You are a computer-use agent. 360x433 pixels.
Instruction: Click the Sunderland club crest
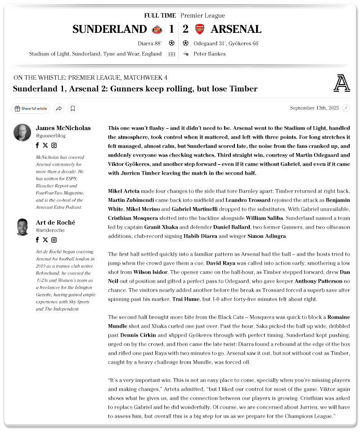[157, 29]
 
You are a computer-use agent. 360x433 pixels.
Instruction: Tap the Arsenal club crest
[199, 29]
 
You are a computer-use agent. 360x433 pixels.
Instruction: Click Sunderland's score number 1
[171, 29]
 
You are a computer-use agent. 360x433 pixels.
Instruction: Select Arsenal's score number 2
[186, 29]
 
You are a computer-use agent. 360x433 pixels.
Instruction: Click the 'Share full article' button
[31, 108]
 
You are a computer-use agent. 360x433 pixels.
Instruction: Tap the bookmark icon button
[73, 108]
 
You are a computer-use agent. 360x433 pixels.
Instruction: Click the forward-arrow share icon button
[58, 108]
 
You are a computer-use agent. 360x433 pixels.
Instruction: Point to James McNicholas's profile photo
[22, 132]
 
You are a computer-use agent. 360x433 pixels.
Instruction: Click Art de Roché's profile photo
[22, 227]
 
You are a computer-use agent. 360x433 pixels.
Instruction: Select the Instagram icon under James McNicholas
[54, 145]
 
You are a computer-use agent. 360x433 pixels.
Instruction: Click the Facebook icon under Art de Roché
[37, 240]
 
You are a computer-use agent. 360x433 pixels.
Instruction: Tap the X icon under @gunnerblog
[45, 145]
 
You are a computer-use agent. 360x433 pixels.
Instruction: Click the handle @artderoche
[50, 230]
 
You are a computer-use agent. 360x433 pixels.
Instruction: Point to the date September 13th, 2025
[314, 108]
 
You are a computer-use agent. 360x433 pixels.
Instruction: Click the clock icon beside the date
[346, 108]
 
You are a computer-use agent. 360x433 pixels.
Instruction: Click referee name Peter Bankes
[209, 54]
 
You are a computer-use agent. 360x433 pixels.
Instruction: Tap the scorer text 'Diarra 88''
[150, 44]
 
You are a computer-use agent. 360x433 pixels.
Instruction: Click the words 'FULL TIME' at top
[160, 16]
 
